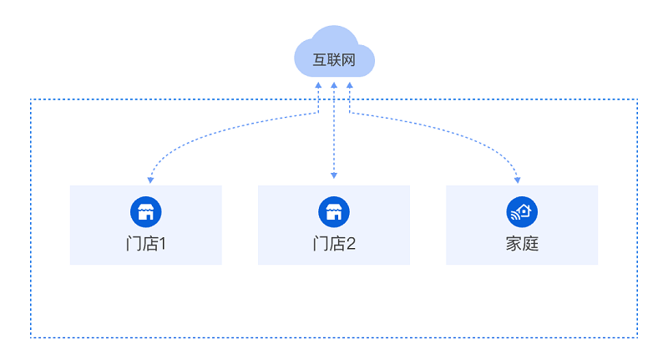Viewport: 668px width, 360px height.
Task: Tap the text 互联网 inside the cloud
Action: click(334, 60)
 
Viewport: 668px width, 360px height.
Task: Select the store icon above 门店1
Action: click(146, 211)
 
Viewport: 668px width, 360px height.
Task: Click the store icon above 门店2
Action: click(334, 211)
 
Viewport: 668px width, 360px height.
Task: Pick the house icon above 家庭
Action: click(522, 211)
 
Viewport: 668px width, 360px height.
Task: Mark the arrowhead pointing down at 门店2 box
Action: click(334, 175)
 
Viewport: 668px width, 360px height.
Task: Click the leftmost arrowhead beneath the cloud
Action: click(318, 85)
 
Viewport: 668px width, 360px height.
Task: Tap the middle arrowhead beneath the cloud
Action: click(334, 85)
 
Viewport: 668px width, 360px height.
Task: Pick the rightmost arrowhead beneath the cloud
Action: click(350, 85)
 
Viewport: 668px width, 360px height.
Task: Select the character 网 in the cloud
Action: click(348, 60)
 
